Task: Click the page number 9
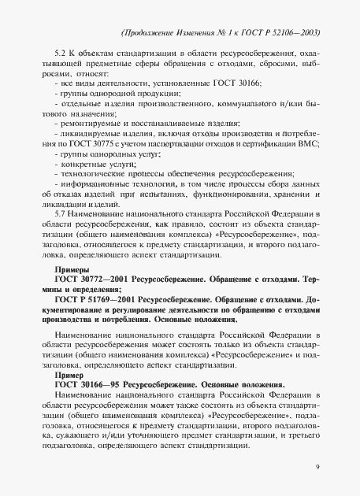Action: (x=315, y=467)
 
